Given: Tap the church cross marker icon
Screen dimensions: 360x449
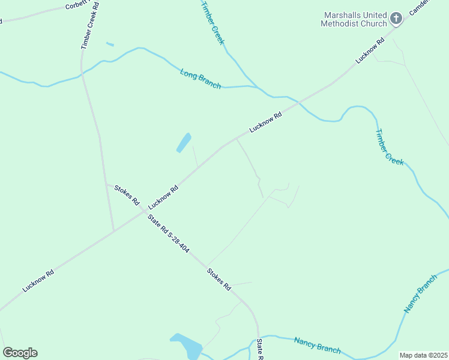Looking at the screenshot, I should pos(396,19).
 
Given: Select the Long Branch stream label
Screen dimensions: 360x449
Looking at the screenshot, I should pos(200,79).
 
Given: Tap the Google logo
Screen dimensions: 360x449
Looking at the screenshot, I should pos(20,353).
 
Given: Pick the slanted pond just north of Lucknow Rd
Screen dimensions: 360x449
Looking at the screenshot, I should pos(184,143).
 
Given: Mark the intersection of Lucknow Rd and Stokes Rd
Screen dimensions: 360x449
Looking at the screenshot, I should pos(145,211).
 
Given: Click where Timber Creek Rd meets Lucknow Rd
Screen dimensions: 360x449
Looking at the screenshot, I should pos(114,230).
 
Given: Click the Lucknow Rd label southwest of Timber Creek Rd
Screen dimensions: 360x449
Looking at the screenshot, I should pos(38,280).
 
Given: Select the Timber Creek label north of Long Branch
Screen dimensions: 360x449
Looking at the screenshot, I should pos(212,23).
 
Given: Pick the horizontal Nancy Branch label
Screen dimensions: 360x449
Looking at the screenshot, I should pos(318,345).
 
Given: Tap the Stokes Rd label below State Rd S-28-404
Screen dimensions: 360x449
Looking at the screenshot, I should pos(219,279).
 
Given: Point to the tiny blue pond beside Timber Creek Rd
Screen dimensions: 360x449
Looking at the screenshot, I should pos(110,44).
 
